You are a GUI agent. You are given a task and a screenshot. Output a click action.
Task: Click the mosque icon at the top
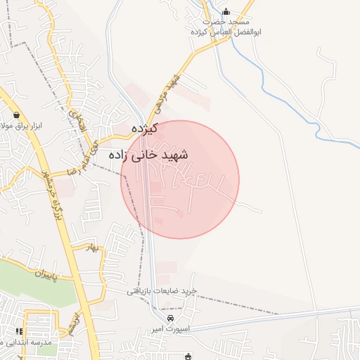tap(226, 12)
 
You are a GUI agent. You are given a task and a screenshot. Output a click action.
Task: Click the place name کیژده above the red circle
tap(144, 129)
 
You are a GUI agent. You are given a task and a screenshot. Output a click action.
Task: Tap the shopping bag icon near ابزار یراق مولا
tap(16, 115)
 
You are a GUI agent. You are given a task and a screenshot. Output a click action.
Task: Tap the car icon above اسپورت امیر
tap(162, 319)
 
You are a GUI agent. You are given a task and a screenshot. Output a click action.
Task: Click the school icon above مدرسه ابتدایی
tap(19, 331)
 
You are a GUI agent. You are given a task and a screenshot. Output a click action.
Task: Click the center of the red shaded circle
tap(180, 179)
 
